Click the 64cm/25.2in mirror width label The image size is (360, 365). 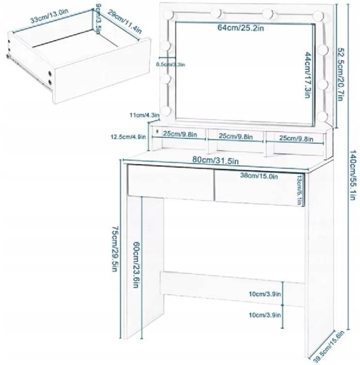point(241,28)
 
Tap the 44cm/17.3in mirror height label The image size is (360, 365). point(308,75)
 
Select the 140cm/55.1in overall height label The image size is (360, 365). point(353,175)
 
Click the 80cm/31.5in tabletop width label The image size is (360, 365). point(215,160)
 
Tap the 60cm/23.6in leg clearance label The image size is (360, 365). point(136,265)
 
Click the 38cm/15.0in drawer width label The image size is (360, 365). point(259,176)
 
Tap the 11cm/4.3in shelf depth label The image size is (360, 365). point(145,115)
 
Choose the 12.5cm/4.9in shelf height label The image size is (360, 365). point(128,137)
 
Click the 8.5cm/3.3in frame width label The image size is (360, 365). point(170,65)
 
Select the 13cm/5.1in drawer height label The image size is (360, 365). point(300,190)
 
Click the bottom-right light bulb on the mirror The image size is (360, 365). point(323,116)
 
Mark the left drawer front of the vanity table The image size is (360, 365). point(170,182)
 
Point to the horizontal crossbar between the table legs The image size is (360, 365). point(232,289)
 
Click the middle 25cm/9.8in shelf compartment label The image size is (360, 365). point(235,136)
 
